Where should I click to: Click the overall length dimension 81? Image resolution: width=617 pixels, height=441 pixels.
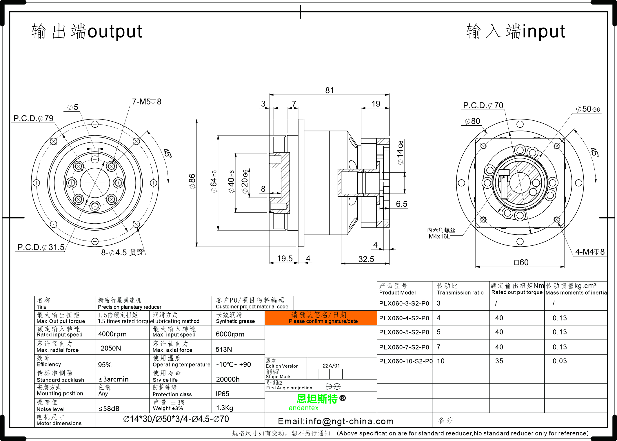click(x=329, y=90)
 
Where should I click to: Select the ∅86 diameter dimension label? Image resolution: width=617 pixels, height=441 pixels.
click(x=192, y=182)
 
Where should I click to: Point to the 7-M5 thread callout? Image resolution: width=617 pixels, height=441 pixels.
click(x=147, y=102)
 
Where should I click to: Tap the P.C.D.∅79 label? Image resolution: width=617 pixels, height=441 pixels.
click(x=33, y=118)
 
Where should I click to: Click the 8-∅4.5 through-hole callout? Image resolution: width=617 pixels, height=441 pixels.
click(x=122, y=252)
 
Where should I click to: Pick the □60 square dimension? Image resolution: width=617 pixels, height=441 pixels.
click(x=521, y=262)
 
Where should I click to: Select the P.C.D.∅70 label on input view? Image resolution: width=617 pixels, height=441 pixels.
click(x=483, y=105)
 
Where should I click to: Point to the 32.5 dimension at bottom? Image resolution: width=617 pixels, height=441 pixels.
click(x=366, y=259)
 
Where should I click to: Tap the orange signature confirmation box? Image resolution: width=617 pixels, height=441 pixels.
click(x=321, y=318)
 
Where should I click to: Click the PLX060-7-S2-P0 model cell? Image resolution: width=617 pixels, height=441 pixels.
click(x=404, y=347)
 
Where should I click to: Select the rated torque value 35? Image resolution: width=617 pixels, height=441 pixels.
click(x=499, y=361)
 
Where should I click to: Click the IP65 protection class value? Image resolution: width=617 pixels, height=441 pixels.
click(x=222, y=394)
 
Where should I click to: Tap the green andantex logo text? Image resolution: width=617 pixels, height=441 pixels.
click(x=303, y=408)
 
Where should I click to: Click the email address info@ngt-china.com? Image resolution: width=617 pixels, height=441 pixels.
click(x=336, y=421)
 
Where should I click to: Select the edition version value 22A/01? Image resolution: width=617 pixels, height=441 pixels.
click(x=331, y=366)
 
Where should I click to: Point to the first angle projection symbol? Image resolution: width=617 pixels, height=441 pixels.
click(x=333, y=386)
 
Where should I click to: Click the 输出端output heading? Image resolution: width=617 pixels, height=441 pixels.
click(x=87, y=31)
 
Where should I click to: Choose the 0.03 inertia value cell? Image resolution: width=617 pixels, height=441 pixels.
click(x=560, y=361)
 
